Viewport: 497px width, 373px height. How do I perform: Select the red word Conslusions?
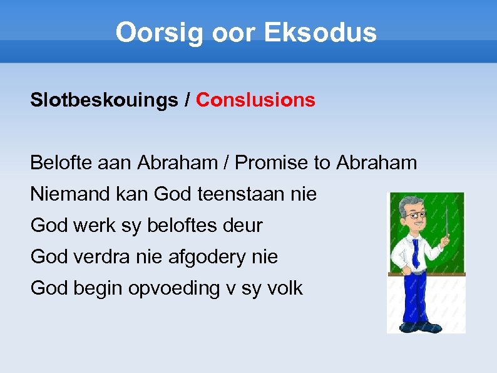click(255, 100)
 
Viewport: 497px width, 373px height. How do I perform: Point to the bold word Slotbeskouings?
click(104, 100)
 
